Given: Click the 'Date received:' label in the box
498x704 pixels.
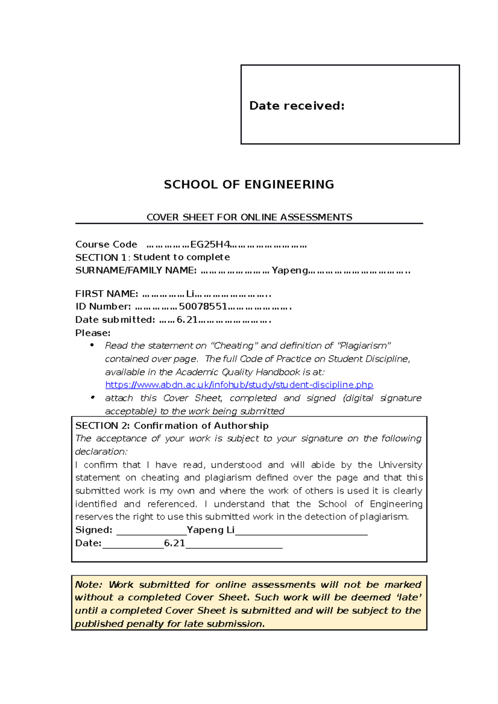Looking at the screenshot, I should pyautogui.click(x=296, y=106).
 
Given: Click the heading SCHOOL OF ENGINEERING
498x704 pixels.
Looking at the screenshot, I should pyautogui.click(x=249, y=184).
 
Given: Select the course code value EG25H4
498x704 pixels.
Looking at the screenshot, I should pyautogui.click(x=210, y=245).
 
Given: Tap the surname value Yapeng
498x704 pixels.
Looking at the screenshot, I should pyautogui.click(x=290, y=271).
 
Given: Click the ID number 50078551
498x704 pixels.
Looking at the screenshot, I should pyautogui.click(x=203, y=307).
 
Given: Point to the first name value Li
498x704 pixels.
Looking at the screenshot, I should pyautogui.click(x=190, y=294).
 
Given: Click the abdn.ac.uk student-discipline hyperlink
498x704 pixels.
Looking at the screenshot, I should pyautogui.click(x=239, y=385).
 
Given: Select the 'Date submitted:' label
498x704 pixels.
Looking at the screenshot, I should pyautogui.click(x=115, y=320).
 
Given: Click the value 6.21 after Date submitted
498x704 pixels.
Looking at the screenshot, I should pyautogui.click(x=187, y=320).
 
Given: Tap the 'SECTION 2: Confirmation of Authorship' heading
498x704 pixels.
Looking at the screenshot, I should pyautogui.click(x=172, y=426).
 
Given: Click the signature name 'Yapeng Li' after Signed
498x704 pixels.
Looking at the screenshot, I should pyautogui.click(x=210, y=530).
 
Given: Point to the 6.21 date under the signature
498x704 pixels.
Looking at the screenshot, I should pyautogui.click(x=174, y=543).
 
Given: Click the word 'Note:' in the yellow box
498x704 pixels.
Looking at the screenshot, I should pyautogui.click(x=88, y=585).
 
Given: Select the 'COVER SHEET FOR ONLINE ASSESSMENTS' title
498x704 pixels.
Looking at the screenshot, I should pyautogui.click(x=249, y=217).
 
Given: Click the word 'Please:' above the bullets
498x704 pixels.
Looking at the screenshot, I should pyautogui.click(x=93, y=333).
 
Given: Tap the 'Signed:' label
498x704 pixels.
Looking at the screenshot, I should pyautogui.click(x=94, y=530).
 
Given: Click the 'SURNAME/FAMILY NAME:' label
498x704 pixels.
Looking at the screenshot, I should pyautogui.click(x=136, y=271).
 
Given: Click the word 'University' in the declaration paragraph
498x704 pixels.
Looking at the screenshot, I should pyautogui.click(x=400, y=465).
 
